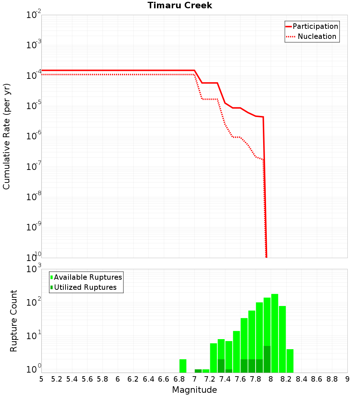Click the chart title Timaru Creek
tap(180, 5)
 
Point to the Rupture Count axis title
tap(14, 321)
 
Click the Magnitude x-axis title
tap(194, 390)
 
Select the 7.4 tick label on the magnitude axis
tap(225, 379)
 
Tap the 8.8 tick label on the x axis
tap(332, 379)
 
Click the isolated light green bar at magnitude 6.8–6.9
tap(183, 366)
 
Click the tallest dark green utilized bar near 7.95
tap(267, 359)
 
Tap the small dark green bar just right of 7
tap(198, 371)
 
